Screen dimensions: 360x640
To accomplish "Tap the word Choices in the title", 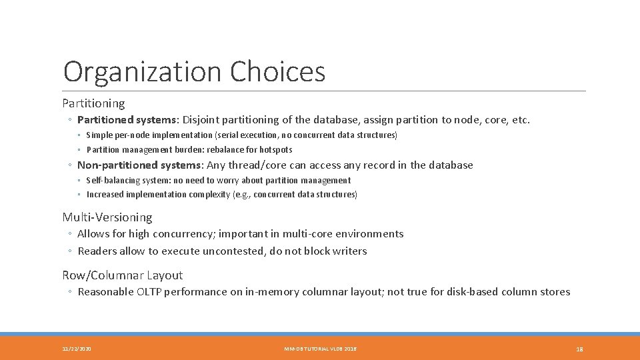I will coord(278,72).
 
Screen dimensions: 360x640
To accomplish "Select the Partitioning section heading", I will coord(93,103).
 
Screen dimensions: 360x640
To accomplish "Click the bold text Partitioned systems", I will coord(127,120).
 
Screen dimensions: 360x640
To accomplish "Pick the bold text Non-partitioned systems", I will coord(139,165).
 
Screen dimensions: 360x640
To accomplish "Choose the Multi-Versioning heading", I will coord(107,217).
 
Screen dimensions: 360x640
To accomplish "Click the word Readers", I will coord(97,251).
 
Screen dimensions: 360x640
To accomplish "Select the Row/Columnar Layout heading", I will coord(122,275).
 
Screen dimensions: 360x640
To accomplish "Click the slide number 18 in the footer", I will coord(579,349).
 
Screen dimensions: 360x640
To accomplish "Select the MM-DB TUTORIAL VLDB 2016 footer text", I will coord(320,349).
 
